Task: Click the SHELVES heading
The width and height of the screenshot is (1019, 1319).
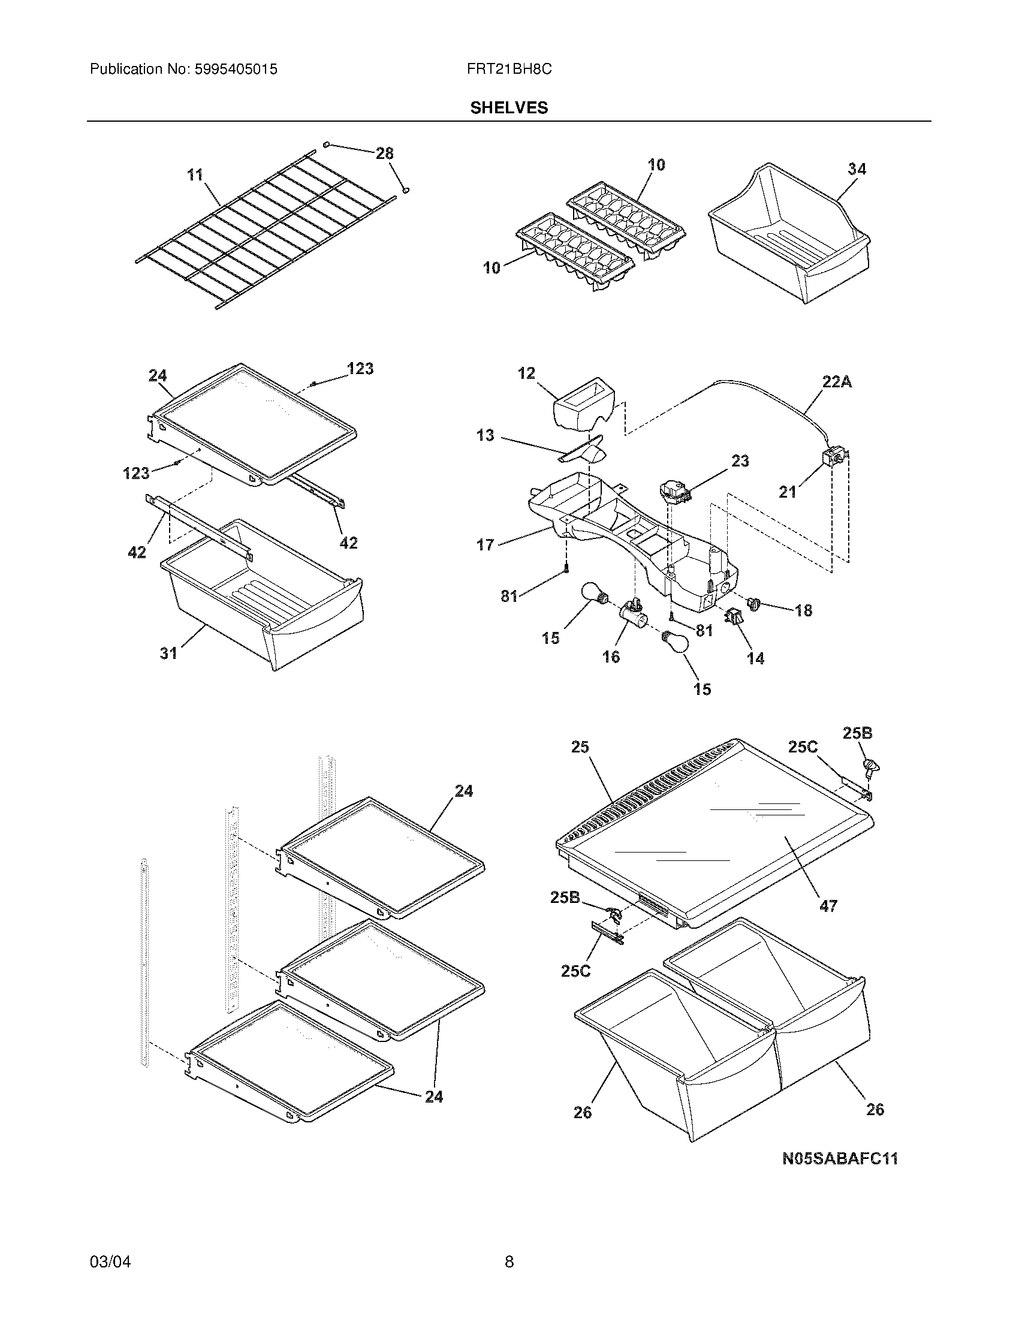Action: (509, 108)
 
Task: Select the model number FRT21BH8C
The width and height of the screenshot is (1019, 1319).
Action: (509, 70)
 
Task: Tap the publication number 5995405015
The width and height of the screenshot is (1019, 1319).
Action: (236, 70)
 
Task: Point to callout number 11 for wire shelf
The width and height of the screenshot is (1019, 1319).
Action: (195, 175)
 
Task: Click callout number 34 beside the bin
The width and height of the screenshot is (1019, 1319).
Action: (857, 169)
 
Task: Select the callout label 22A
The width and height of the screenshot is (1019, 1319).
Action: (837, 382)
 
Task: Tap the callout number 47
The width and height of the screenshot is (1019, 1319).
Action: (828, 922)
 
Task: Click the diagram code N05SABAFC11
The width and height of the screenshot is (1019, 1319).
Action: (840, 1158)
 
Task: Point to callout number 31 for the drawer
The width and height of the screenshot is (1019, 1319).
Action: (168, 653)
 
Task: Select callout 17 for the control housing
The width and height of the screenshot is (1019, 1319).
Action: (485, 545)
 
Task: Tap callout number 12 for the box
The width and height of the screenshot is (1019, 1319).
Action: (526, 374)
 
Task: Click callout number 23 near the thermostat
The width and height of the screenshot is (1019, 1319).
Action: (740, 461)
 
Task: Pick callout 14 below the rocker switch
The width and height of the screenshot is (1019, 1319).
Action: (755, 658)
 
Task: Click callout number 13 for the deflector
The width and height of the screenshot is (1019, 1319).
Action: (485, 435)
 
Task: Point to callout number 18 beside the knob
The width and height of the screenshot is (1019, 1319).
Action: (803, 610)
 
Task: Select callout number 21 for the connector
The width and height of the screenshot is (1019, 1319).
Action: (787, 492)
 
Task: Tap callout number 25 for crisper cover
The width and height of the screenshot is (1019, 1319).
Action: (580, 747)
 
